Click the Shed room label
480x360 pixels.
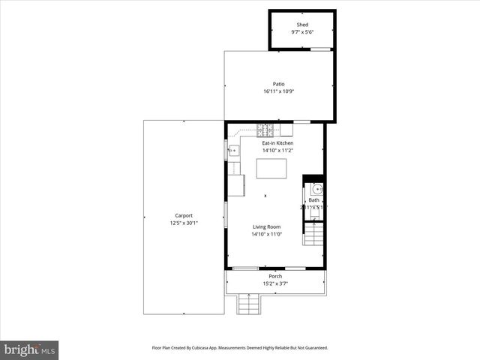301,25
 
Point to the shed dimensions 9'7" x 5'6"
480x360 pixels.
301,33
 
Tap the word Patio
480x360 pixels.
278,84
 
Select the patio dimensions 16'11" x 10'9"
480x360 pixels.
278,91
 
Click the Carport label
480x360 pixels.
184,215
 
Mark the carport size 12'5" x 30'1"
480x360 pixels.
184,223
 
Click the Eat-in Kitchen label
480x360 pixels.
277,142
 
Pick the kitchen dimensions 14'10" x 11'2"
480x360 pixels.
277,150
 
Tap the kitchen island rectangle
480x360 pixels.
271,169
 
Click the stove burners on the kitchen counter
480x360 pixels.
265,129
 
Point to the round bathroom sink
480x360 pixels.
316,188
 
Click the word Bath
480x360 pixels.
313,200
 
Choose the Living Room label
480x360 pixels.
266,226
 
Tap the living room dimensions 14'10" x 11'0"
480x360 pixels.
266,234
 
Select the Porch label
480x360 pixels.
276,276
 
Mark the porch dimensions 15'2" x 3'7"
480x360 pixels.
276,283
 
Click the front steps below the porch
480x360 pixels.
248,304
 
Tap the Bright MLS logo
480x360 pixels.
30,349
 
